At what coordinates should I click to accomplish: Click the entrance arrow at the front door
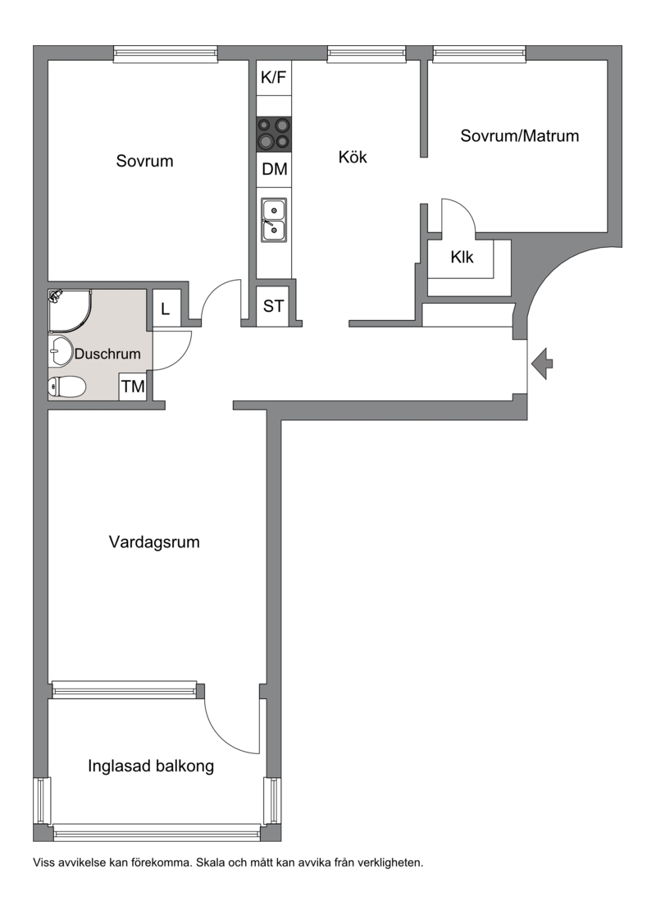542,364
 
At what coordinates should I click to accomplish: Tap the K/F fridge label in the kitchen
274,77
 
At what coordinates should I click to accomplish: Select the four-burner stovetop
274,134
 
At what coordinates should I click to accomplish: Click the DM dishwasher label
274,169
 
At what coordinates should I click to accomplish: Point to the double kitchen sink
274,220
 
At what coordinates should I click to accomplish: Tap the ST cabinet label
274,306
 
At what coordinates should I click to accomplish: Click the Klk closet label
462,257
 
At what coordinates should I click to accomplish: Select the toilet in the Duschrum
66,387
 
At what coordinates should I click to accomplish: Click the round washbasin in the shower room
60,351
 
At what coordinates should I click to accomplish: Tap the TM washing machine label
133,386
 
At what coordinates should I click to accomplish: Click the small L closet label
166,309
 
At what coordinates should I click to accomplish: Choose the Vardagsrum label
154,542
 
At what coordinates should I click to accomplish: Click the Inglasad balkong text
150,766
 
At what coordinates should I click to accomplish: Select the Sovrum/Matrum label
520,135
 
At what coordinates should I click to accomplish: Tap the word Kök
353,157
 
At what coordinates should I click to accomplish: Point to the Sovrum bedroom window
166,54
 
